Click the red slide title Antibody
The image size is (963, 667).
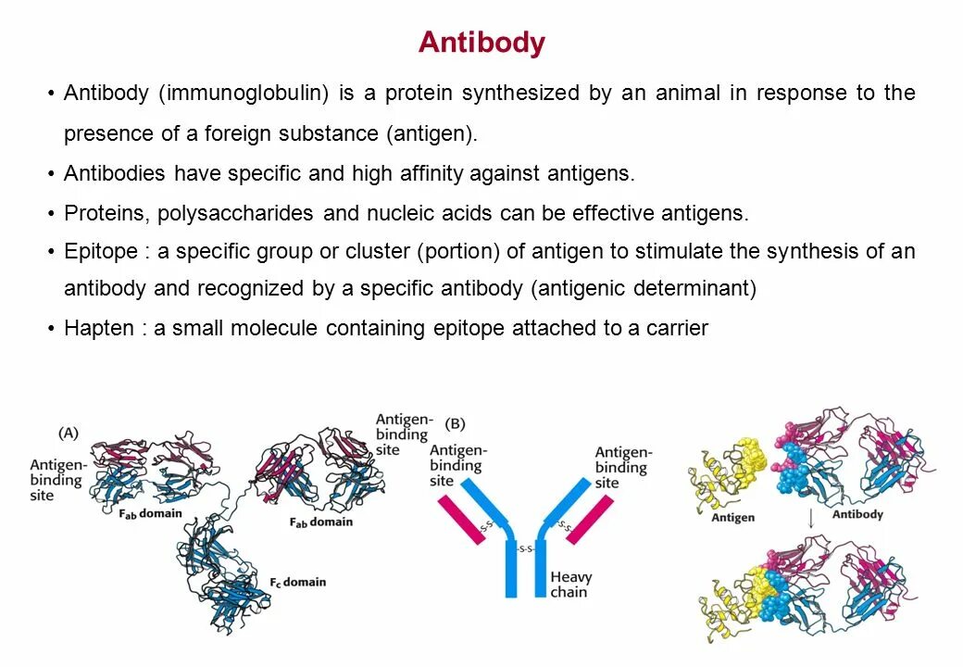pyautogui.click(x=481, y=43)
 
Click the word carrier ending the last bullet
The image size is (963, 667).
pyautogui.click(x=677, y=327)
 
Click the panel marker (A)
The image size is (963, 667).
pyautogui.click(x=69, y=433)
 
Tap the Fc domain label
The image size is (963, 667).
pyautogui.click(x=297, y=582)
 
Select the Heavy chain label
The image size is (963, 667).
pyautogui.click(x=570, y=584)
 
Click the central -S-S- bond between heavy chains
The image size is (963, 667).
pyautogui.click(x=525, y=548)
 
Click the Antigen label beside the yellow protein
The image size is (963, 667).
pyautogui.click(x=732, y=518)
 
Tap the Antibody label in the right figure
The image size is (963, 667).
pyautogui.click(x=857, y=514)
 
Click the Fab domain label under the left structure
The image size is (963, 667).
pyautogui.click(x=149, y=514)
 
